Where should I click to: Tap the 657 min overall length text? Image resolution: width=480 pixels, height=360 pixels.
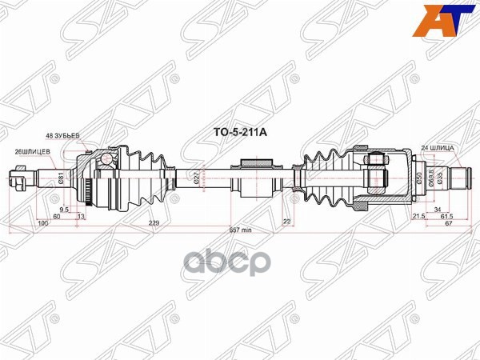[241, 230]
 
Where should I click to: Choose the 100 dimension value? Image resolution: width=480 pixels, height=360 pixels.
[42, 224]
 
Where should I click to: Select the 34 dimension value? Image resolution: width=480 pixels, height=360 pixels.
[437, 210]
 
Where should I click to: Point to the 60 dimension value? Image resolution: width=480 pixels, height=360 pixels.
[57, 217]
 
